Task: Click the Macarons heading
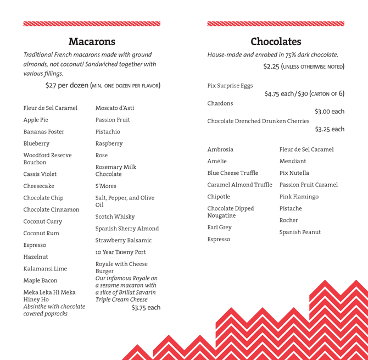pyautogui.click(x=92, y=42)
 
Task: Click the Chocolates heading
pyautogui.click(x=276, y=42)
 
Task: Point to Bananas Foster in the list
pyautogui.click(x=43, y=132)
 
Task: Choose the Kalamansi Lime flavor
pyautogui.click(x=45, y=269)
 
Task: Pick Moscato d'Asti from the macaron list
pyautogui.click(x=115, y=108)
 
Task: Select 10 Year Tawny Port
pyautogui.click(x=120, y=252)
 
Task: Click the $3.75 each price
pyautogui.click(x=146, y=308)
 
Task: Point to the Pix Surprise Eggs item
pyautogui.click(x=230, y=86)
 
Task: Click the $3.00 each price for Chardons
pyautogui.click(x=330, y=112)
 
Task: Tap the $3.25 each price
pyautogui.click(x=330, y=129)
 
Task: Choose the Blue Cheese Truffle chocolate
pyautogui.click(x=232, y=173)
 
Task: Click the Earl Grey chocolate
pyautogui.click(x=219, y=227)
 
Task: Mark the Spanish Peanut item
pyautogui.click(x=300, y=232)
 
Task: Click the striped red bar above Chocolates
pyautogui.click(x=276, y=24)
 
